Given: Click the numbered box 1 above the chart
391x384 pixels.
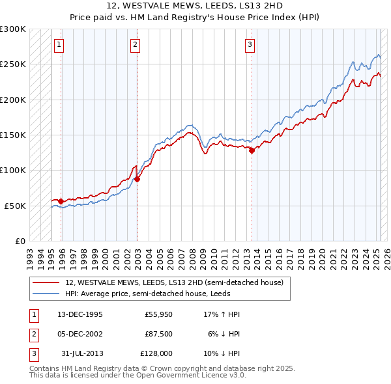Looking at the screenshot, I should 59,45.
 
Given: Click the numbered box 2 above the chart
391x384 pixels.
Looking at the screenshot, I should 135,45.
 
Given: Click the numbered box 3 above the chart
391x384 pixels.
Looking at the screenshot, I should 250,45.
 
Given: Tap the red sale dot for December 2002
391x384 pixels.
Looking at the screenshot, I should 138,179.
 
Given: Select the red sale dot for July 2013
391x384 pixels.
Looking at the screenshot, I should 252,150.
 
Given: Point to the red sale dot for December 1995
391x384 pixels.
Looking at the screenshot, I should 61,201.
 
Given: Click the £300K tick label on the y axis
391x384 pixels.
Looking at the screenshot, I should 13,29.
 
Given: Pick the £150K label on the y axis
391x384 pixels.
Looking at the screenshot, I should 13,135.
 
